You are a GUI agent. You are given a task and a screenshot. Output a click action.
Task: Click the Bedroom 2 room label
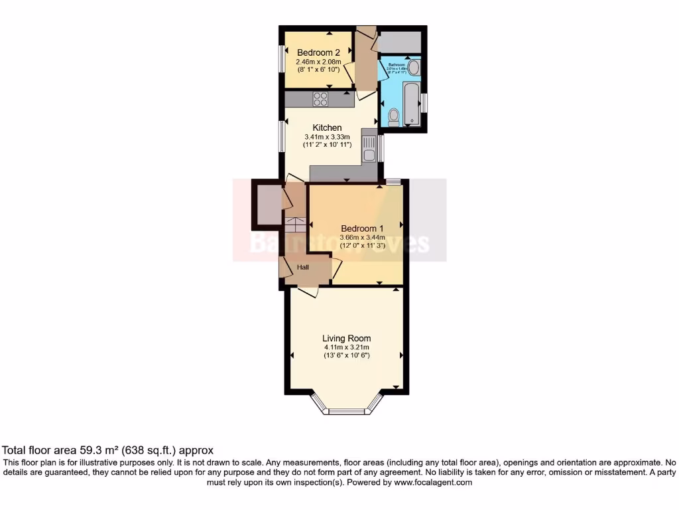click(x=318, y=53)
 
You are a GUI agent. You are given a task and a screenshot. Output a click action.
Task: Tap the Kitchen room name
click(x=328, y=127)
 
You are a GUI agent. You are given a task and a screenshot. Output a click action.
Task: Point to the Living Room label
click(x=347, y=338)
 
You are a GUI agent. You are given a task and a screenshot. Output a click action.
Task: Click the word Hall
click(x=302, y=267)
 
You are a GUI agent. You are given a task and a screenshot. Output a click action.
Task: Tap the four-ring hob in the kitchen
click(x=321, y=98)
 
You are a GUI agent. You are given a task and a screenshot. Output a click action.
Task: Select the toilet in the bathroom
click(x=393, y=117)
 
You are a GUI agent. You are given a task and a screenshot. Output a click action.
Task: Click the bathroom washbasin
click(x=413, y=67)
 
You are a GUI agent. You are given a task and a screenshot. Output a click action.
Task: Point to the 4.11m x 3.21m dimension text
click(x=347, y=347)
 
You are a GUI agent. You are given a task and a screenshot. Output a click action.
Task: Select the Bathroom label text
click(x=397, y=64)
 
